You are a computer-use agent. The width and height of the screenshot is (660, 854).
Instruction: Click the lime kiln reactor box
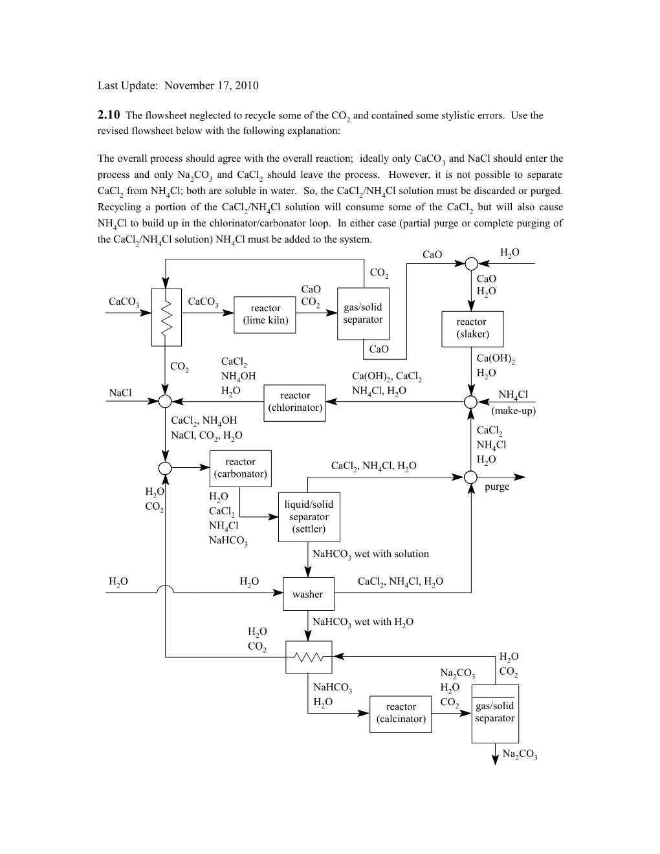(265, 314)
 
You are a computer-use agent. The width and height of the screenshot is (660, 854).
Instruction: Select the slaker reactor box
(472, 328)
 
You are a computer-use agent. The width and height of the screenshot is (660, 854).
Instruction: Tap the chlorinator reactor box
(295, 402)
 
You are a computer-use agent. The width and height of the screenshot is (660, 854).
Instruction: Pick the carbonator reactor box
(240, 468)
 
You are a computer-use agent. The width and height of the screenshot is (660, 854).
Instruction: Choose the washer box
(308, 594)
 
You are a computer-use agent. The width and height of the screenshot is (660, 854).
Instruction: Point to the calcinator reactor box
(401, 713)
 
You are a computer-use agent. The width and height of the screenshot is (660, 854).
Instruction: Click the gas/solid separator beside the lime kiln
(363, 314)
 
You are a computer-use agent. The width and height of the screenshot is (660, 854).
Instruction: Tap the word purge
(497, 487)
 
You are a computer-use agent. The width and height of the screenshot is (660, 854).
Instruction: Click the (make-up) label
(513, 411)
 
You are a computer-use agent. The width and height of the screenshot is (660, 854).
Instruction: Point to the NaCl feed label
(120, 393)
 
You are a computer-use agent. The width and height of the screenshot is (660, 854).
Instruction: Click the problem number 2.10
(109, 115)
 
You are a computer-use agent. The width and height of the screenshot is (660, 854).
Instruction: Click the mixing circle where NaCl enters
(166, 401)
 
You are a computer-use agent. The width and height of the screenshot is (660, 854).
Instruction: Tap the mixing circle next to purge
(472, 477)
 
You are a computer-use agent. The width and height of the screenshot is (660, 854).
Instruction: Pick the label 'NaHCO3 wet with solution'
(370, 554)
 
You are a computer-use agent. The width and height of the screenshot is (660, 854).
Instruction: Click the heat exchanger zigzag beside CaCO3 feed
(166, 317)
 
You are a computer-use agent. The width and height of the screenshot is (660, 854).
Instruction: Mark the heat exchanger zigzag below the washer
(309, 657)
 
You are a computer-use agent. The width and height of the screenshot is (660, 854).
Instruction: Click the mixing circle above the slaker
(472, 264)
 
